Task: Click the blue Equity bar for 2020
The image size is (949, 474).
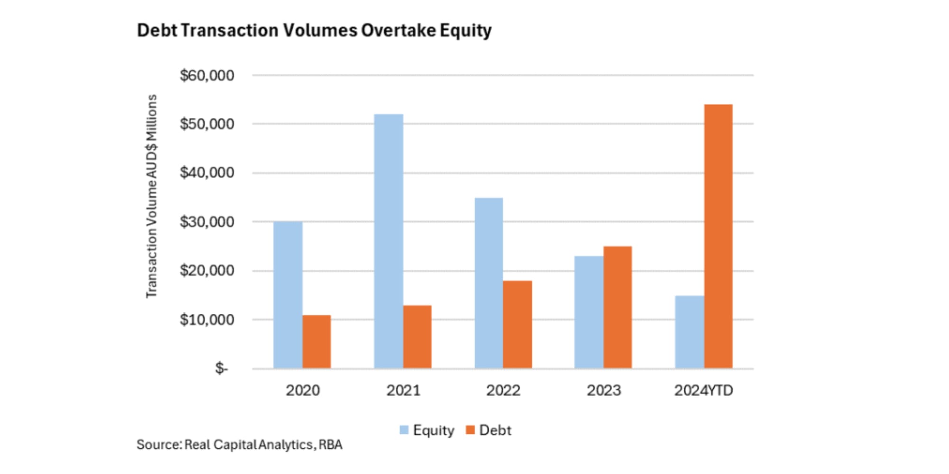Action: click(x=288, y=295)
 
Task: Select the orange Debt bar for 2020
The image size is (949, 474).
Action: click(x=316, y=342)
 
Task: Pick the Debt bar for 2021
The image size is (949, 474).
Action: click(x=417, y=337)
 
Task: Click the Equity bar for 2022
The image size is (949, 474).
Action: click(x=489, y=283)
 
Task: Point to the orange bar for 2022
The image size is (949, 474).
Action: click(x=517, y=325)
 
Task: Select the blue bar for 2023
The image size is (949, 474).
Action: click(x=588, y=312)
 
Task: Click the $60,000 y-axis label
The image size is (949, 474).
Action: click(x=207, y=75)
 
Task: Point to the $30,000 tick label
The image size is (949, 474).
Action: click(x=207, y=222)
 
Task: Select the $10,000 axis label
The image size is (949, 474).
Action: click(x=207, y=320)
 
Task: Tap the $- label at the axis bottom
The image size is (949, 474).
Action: click(x=221, y=368)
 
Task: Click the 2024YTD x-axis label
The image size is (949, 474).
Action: click(x=704, y=391)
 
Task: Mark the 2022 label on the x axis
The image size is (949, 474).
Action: click(x=503, y=391)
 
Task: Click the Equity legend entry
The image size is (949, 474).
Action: click(x=427, y=430)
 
